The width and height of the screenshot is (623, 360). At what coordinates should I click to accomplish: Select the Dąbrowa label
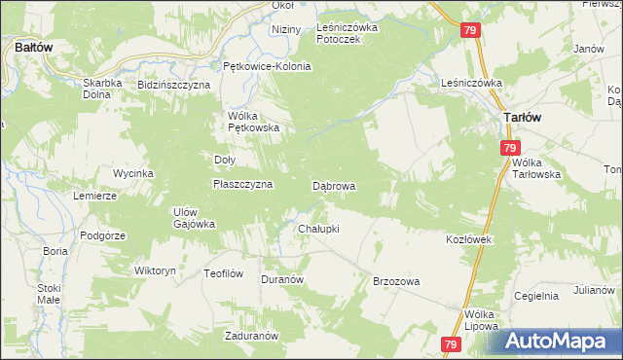click(x=333, y=185)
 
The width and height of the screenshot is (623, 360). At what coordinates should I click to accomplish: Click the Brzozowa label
click(x=396, y=281)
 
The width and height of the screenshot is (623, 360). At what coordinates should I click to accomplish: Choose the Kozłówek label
click(x=471, y=239)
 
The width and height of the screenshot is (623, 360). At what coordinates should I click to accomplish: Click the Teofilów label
click(x=223, y=273)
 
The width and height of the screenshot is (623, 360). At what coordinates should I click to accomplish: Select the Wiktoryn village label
click(x=155, y=270)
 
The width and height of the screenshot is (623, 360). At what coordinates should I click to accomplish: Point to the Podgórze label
click(x=103, y=235)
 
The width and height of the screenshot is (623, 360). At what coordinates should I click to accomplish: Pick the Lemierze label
click(x=94, y=196)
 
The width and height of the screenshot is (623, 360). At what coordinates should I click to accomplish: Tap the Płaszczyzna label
click(x=242, y=183)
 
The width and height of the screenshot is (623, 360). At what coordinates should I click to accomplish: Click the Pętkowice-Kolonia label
click(x=267, y=66)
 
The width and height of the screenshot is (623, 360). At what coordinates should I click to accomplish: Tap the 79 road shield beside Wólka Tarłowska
click(x=510, y=148)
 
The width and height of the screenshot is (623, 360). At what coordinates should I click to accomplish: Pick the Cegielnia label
click(x=535, y=296)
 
